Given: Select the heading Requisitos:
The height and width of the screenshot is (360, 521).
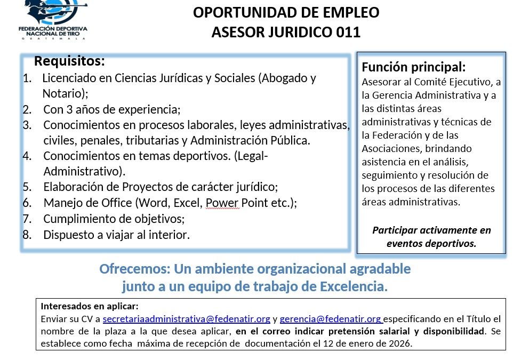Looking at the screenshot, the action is (x=69, y=61).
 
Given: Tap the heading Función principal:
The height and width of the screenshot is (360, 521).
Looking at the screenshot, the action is (x=414, y=68).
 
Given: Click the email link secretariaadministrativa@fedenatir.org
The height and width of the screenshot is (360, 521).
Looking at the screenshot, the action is (x=186, y=320).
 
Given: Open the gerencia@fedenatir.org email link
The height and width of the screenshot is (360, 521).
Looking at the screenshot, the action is (x=330, y=320).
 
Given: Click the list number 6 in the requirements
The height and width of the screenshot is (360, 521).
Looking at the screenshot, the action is (x=27, y=203).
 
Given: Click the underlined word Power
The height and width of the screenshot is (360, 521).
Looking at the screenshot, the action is (x=222, y=203).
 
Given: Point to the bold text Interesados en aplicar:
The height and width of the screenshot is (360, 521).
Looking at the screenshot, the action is (x=90, y=307).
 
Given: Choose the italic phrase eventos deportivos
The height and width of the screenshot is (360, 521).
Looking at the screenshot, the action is (x=431, y=244).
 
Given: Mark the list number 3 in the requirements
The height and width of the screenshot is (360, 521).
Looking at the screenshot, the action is (x=27, y=125).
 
